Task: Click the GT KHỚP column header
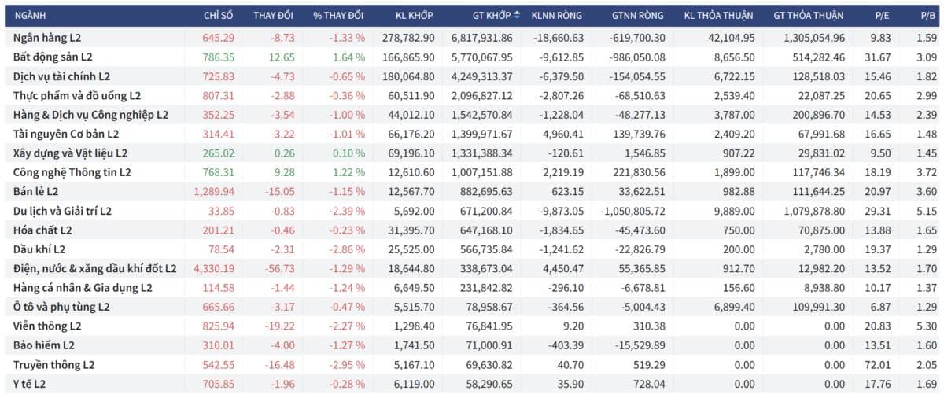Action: pos(492,16)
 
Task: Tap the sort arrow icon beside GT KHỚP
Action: pos(517,15)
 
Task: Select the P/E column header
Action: pos(882,16)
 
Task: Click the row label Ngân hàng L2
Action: pos(47,38)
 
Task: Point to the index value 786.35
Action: pos(219,57)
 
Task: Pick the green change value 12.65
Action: pos(282,57)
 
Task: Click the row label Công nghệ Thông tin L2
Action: pos(72,173)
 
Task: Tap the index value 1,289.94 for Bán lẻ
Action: pos(214,192)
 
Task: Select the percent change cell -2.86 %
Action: pos(347,249)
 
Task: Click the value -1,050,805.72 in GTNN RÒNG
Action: pos(632,211)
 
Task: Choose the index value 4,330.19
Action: pos(214,269)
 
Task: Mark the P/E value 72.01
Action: pos(877,365)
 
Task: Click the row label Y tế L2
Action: pos(29,384)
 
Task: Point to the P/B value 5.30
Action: pos(927,326)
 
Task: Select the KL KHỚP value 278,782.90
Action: pos(408,38)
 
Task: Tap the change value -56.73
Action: pos(280,269)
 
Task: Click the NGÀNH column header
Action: pos(30,16)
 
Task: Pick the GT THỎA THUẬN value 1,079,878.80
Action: pos(814,211)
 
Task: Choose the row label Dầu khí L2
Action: pos(39,249)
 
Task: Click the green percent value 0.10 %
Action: pos(348,153)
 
